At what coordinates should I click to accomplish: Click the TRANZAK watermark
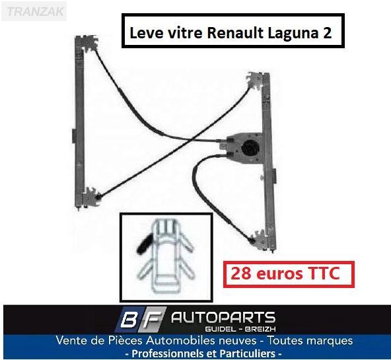coord(34,11)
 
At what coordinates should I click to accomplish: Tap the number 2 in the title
coord(328,33)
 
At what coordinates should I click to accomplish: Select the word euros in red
coord(279,275)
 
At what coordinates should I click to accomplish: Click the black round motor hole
coord(250,148)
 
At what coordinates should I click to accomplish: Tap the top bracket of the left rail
coord(87,42)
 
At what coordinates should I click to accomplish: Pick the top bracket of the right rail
coord(256,81)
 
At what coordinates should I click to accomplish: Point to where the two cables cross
coord(192,140)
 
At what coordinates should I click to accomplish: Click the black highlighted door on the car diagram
coord(145,244)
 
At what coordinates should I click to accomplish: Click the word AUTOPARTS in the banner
coord(223,318)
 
